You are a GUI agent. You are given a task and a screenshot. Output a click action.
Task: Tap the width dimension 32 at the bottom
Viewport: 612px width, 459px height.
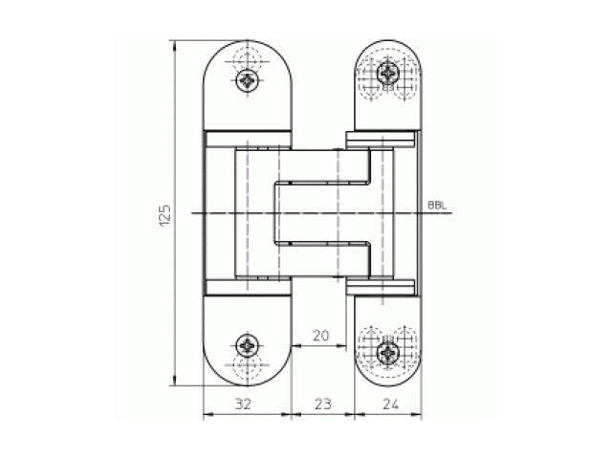pyautogui.click(x=243, y=404)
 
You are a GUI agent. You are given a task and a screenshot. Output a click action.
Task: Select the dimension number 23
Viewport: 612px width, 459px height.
pyautogui.click(x=322, y=404)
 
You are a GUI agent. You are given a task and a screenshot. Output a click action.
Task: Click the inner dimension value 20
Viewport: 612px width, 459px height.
pyautogui.click(x=321, y=336)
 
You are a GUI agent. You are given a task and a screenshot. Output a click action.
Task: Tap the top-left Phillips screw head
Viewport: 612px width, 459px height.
pyautogui.click(x=249, y=80)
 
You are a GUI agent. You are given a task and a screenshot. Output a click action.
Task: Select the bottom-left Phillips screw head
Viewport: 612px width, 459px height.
pyautogui.click(x=249, y=345)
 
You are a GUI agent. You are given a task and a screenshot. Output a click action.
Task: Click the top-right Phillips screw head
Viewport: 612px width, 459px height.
pyautogui.click(x=387, y=74)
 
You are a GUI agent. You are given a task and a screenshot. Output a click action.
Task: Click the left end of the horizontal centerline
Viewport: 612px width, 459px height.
pyautogui.click(x=192, y=212)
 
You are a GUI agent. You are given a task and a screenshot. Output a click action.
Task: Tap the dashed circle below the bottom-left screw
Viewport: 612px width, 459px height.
pyautogui.click(x=249, y=367)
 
